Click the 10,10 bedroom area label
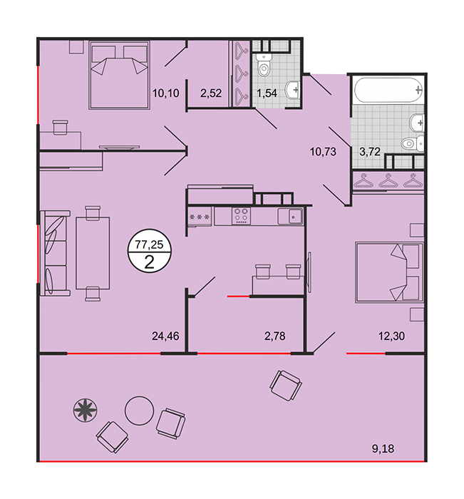tap(165, 93)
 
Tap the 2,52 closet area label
tap(211, 93)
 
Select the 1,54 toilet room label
tap(267, 93)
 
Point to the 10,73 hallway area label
tap(323, 152)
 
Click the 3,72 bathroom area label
tap(370, 152)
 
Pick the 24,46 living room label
tap(165, 336)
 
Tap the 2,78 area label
tap(275, 336)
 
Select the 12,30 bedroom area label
tap(391, 336)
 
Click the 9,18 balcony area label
tap(383, 448)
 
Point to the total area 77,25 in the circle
tap(149, 245)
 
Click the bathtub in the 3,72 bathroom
tap(388, 90)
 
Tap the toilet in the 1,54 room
tap(264, 65)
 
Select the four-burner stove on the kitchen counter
tap(241, 216)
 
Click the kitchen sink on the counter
tap(290, 217)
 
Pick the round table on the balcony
tap(140, 411)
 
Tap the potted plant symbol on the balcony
tap(85, 411)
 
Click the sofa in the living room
tap(55, 253)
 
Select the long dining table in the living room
tap(93, 253)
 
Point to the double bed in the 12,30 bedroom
tap(389, 273)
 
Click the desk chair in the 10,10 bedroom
tap(60, 128)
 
